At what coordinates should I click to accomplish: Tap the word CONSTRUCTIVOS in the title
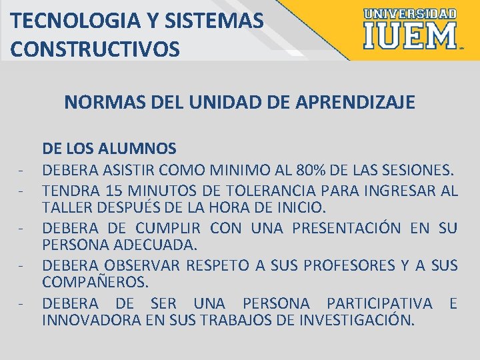pyautogui.click(x=95, y=49)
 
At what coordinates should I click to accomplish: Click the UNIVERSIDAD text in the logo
pyautogui.click(x=410, y=14)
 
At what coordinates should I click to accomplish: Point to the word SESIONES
pyautogui.click(x=419, y=170)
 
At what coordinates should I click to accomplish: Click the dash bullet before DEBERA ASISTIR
pyautogui.click(x=23, y=171)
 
